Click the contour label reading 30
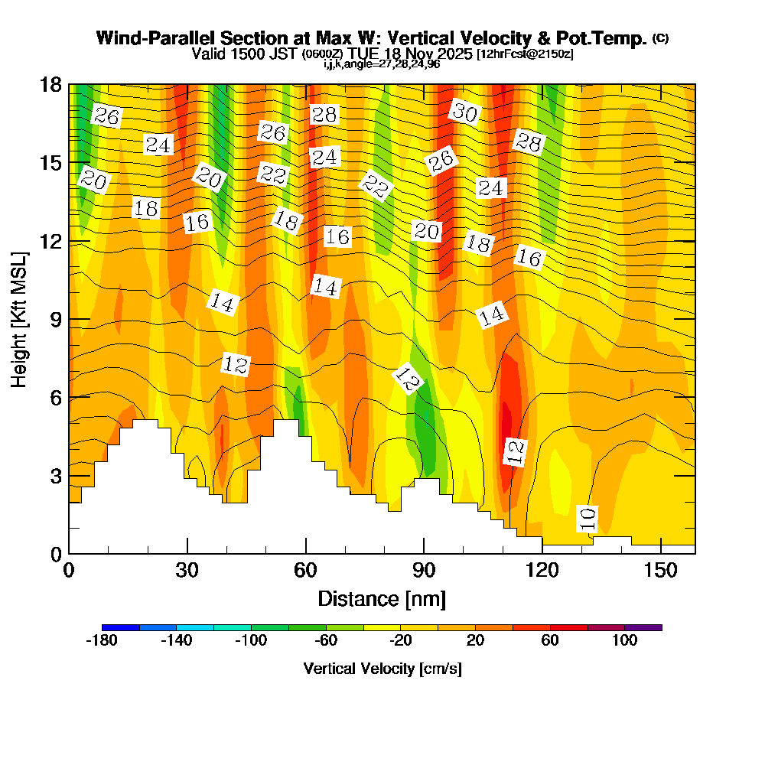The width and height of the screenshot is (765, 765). (x=464, y=113)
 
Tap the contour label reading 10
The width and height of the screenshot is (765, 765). (x=588, y=519)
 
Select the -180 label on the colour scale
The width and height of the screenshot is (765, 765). (x=102, y=641)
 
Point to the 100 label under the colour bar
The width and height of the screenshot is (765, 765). (x=625, y=641)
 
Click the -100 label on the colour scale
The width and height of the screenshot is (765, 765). (x=252, y=641)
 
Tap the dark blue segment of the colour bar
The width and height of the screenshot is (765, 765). (x=121, y=627)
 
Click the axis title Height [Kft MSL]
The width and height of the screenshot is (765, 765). (x=19, y=318)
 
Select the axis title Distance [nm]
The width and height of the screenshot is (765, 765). (x=382, y=597)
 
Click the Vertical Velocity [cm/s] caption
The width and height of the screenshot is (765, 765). (x=382, y=669)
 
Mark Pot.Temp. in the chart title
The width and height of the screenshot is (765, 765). (x=604, y=38)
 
